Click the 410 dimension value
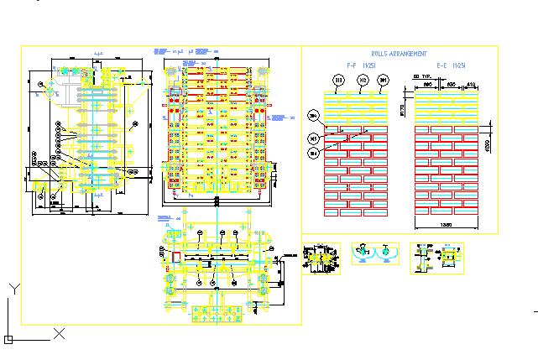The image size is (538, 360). [470, 85]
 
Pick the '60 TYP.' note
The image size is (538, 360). [425, 76]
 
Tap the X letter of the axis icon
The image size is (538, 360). [60, 333]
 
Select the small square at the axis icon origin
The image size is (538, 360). [8, 340]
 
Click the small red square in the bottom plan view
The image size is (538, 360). [176, 256]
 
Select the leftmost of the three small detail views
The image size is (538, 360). [321, 257]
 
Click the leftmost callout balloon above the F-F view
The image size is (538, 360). [338, 81]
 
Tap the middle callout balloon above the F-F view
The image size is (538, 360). [362, 81]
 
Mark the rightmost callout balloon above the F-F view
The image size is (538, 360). [384, 81]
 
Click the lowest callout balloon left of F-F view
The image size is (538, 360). [313, 154]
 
